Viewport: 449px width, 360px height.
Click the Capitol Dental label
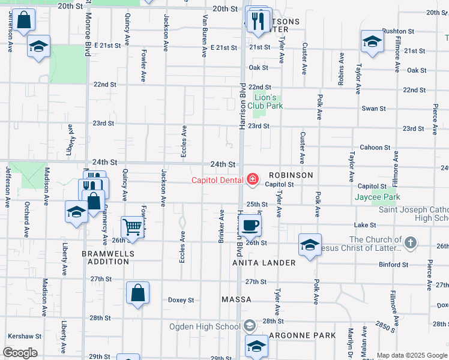click(217, 179)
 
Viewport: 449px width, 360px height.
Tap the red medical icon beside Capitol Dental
click(252, 179)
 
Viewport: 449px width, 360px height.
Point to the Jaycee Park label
click(394, 197)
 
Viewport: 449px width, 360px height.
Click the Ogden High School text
click(205, 326)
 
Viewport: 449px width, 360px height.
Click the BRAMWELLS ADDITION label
click(108, 257)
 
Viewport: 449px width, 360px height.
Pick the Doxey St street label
click(181, 300)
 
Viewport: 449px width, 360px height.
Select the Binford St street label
click(393, 264)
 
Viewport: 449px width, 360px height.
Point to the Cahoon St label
click(375, 148)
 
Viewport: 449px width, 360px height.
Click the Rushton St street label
click(399, 31)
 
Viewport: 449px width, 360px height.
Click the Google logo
click(20, 353)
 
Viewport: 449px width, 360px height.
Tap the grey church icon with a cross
click(410, 242)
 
